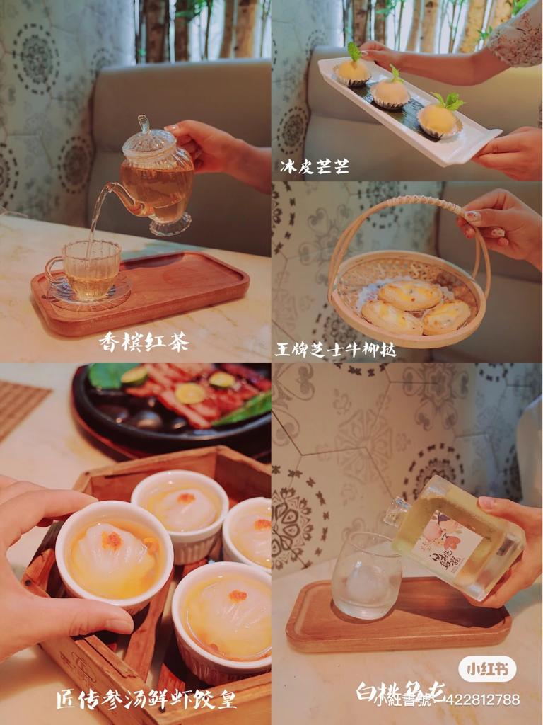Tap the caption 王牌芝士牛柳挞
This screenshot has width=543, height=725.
point(335,349)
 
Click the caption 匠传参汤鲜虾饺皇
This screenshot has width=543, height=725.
point(146,700)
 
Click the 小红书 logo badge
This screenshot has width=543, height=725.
point(487,669)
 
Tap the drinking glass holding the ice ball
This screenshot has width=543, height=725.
point(366,574)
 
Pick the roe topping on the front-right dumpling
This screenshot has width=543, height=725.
point(238,596)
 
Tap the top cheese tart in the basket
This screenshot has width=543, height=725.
point(409,294)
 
